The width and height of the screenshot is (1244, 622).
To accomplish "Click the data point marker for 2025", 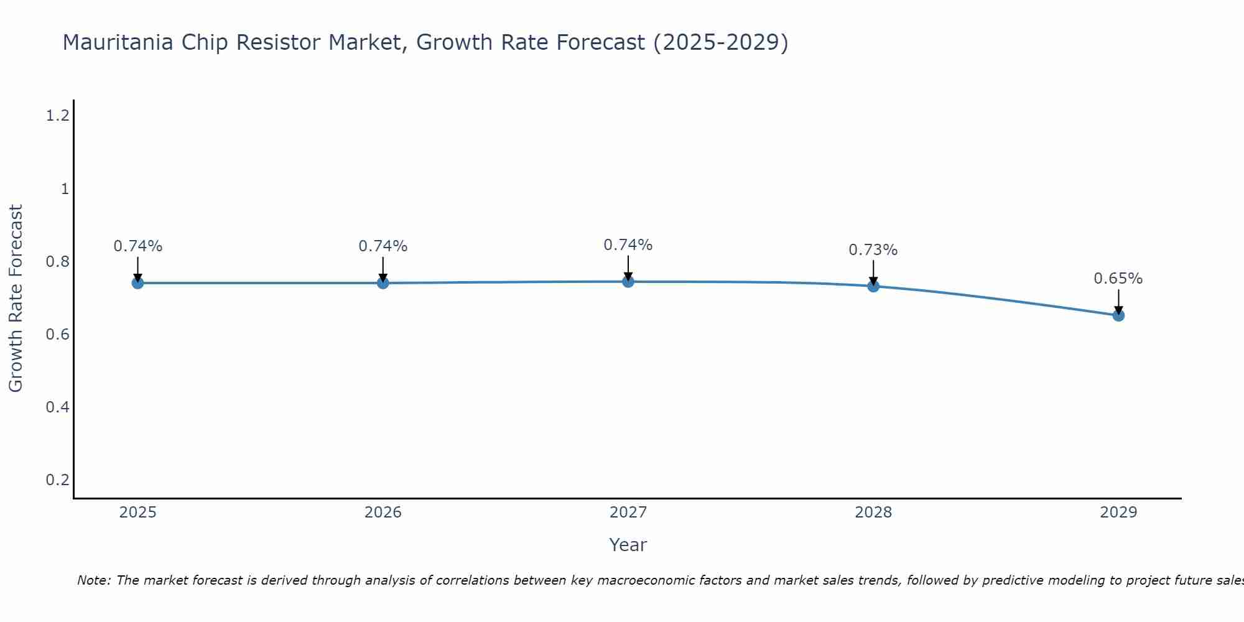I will point(137,283).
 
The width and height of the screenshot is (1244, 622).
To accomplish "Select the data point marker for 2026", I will point(383,283).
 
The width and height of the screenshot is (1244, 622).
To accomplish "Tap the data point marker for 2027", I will point(628,282).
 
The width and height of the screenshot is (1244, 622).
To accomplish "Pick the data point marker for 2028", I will point(873,286).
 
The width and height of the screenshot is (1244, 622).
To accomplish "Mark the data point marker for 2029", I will point(1118,315).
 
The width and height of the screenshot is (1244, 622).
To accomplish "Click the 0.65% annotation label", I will point(1118,279).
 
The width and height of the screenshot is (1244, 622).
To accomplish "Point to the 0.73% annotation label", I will point(873,250).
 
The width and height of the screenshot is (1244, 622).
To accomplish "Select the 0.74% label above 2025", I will point(137,246).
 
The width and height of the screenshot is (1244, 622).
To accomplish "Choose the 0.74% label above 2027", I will point(628,245).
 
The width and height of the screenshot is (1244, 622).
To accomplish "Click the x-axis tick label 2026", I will point(383,513).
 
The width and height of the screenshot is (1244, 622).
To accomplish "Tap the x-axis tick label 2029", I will point(1118,513).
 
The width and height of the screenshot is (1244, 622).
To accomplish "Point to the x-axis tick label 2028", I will point(873,513).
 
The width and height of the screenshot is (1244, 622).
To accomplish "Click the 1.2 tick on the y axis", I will point(57,116).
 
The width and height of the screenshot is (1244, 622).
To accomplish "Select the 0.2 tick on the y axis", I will point(57,480).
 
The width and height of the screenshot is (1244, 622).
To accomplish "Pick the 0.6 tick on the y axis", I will point(57,335).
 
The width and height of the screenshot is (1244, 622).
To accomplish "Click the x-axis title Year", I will point(628,545).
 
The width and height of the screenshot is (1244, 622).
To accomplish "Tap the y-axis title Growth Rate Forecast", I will point(16,298).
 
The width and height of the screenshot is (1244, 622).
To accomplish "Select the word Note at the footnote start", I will point(93,580).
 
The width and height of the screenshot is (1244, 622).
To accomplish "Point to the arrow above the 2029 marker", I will point(1118,300).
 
